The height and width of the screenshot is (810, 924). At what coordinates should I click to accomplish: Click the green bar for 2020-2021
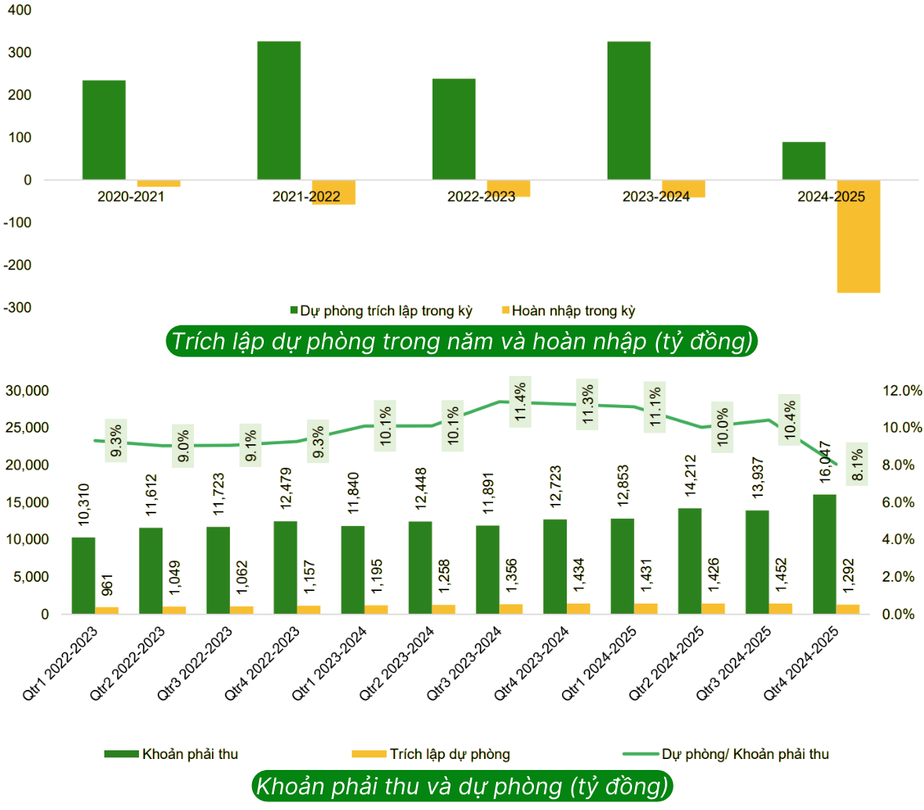104,130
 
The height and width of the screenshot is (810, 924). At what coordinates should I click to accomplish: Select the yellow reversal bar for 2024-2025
858,236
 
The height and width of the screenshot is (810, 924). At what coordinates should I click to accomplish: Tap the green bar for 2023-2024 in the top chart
629,111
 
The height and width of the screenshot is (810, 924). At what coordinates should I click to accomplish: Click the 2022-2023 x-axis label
481,197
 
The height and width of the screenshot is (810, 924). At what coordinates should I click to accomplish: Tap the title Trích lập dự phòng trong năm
462,341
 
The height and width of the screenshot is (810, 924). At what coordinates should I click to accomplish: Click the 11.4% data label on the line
520,402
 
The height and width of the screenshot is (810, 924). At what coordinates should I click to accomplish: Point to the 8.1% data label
857,465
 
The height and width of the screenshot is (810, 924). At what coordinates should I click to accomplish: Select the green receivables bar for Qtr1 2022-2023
83,575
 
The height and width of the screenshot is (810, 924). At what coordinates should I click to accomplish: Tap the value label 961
108,586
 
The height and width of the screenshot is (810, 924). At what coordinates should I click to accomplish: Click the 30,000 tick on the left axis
27,391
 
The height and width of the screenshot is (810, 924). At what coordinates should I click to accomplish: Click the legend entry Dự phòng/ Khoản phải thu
744,754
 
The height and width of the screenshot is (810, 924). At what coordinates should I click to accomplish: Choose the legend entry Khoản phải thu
190,754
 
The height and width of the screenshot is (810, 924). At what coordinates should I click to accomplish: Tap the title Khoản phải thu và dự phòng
462,786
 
